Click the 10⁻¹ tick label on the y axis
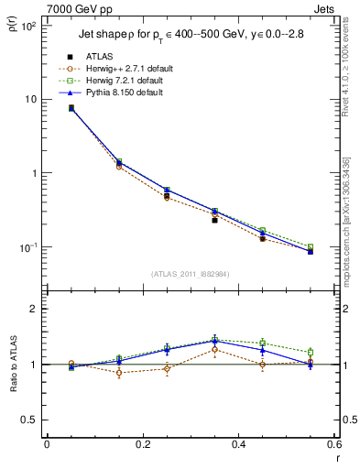tap(27, 247)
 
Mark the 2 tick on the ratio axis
tap(34, 309)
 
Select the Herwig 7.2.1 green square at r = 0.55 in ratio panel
tap(311, 352)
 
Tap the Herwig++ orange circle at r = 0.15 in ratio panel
tap(118, 373)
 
